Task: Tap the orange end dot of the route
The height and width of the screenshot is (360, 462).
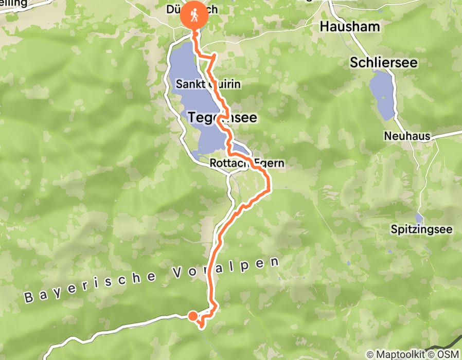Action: [192, 316]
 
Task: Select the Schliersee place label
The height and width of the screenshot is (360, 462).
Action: [383, 63]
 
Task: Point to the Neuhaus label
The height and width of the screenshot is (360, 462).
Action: [405, 136]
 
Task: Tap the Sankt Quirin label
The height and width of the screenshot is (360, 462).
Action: [208, 84]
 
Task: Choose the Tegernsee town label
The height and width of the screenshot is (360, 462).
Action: [222, 118]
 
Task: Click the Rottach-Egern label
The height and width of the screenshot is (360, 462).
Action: [247, 164]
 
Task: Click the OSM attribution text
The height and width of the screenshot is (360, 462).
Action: [447, 354]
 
